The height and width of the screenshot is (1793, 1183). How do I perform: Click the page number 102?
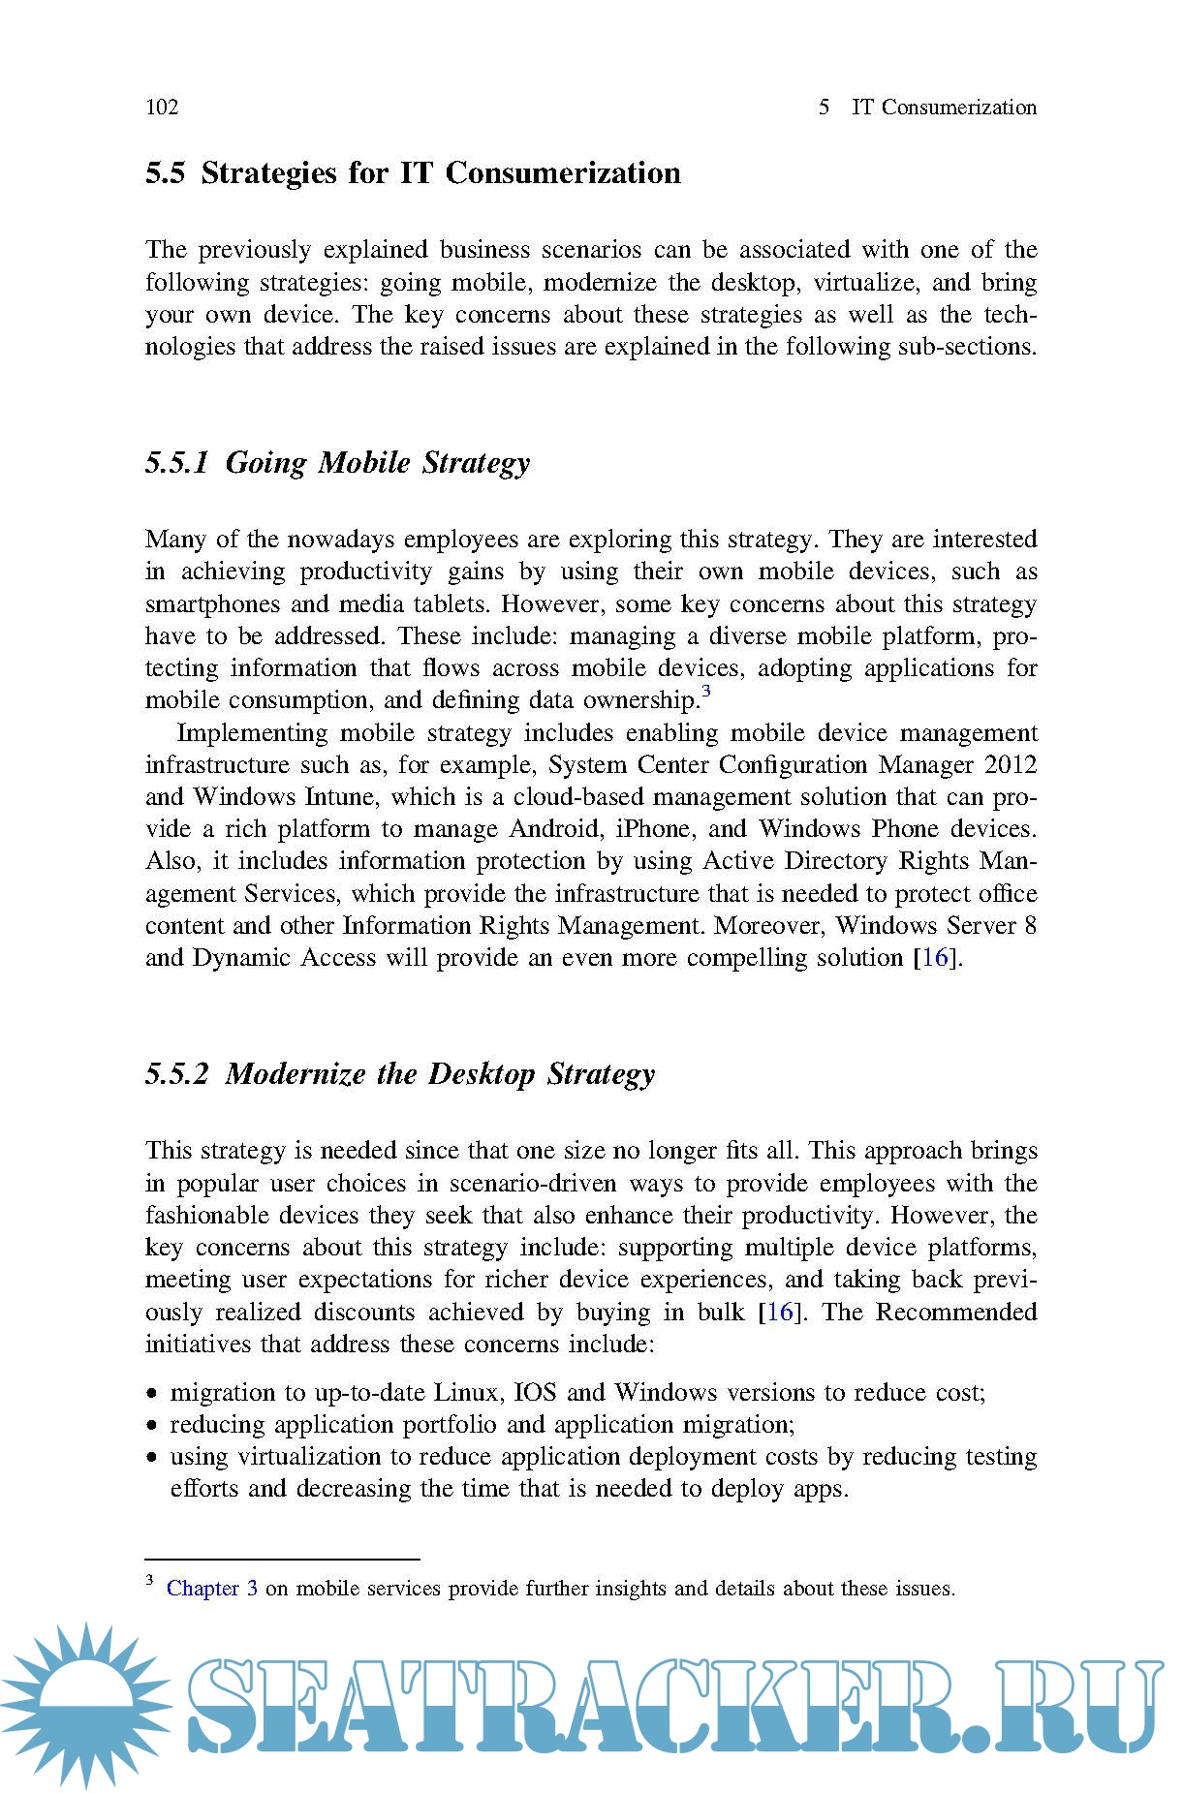point(162,108)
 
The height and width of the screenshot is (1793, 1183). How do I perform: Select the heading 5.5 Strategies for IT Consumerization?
point(413,173)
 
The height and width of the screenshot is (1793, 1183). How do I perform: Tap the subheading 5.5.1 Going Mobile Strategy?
point(337,463)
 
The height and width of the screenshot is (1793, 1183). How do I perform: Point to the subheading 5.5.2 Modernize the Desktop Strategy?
point(400,1074)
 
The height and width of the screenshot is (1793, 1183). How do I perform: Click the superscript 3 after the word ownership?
point(706,692)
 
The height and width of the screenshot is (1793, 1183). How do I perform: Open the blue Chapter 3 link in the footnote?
point(211,1589)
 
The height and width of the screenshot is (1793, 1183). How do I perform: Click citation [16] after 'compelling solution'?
point(935,958)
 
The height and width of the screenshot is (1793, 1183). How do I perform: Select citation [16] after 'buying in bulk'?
point(780,1313)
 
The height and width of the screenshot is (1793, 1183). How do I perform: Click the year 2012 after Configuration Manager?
point(1011,765)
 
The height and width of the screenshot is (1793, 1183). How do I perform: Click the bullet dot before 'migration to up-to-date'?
point(152,1395)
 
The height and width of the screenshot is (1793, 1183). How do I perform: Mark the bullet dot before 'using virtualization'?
point(152,1459)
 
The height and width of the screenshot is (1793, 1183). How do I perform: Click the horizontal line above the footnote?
point(282,1560)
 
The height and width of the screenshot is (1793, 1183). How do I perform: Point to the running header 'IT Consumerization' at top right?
point(944,108)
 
